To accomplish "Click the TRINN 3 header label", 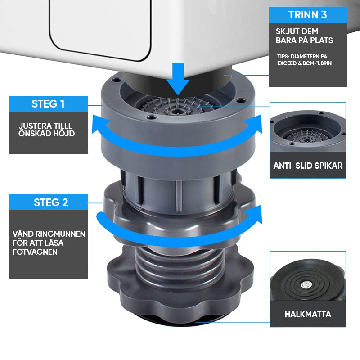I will [308, 15].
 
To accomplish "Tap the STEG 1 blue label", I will [48, 104].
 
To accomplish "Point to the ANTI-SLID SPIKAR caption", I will [308, 166].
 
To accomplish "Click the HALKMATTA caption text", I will [308, 314].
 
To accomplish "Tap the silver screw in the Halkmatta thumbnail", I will [306, 284].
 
